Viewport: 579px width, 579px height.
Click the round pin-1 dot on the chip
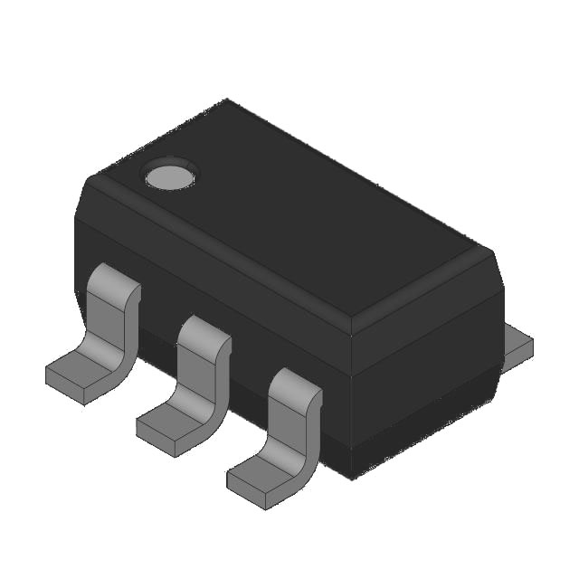[x=170, y=176]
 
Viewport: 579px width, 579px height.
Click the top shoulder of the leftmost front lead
[x=116, y=277]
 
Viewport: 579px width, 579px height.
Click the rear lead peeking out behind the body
[x=517, y=345]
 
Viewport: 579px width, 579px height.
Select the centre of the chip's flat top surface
[x=289, y=217]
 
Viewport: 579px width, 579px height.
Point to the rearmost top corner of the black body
[x=227, y=100]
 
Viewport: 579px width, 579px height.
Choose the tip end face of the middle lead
[x=156, y=438]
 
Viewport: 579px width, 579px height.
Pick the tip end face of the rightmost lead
[x=246, y=490]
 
